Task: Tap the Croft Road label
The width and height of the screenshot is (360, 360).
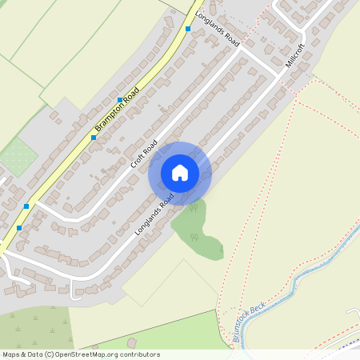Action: (144, 155)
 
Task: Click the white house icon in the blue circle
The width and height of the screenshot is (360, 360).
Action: (180, 173)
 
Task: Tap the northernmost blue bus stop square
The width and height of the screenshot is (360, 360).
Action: (188, 29)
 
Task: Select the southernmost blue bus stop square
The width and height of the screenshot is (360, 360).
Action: (18, 228)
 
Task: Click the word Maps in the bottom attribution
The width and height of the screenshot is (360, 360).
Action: (12, 354)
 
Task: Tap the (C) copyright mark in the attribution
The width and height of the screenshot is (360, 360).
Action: (49, 354)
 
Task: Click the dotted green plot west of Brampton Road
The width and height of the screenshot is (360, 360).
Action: (18, 156)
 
